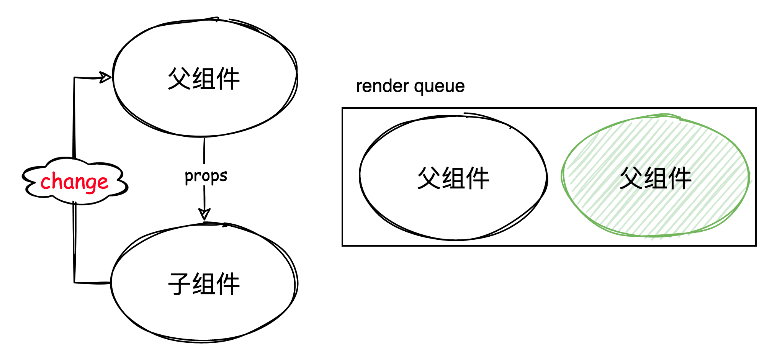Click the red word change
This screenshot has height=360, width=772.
coord(74,182)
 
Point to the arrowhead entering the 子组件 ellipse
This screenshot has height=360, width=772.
coord(204,214)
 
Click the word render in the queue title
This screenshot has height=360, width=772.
coord(382,86)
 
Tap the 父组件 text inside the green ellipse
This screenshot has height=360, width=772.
coord(655,178)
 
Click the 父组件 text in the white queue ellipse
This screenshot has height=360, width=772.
coord(453,178)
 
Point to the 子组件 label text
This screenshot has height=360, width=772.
coord(204,284)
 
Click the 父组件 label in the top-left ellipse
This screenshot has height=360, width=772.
coord(204,79)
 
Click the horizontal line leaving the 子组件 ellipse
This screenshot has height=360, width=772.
coord(92,283)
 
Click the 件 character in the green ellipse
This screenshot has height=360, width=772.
coord(680,178)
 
